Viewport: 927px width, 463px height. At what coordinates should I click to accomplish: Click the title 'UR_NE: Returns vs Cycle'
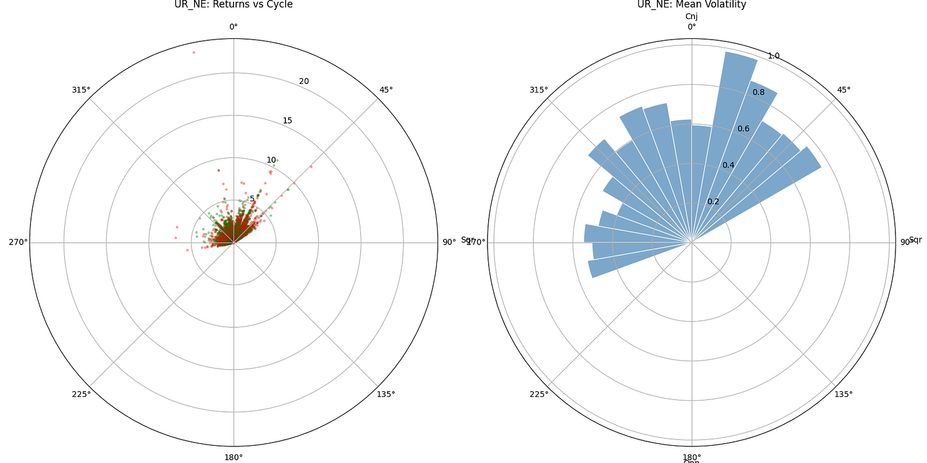[234, 5]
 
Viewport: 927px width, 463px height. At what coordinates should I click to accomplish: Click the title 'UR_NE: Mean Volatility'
[692, 5]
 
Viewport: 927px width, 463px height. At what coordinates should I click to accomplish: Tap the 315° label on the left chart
[81, 90]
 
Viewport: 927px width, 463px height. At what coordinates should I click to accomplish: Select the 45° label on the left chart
[386, 90]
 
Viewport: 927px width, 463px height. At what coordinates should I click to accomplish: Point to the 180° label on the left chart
[234, 457]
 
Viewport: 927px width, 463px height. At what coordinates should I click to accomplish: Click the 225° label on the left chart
[81, 394]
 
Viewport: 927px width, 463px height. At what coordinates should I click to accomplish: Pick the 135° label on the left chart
[386, 394]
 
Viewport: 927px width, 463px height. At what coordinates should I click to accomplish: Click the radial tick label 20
[304, 81]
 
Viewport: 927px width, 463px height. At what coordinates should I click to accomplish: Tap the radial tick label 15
[287, 120]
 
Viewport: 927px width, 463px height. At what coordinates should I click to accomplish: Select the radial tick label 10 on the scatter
[271, 160]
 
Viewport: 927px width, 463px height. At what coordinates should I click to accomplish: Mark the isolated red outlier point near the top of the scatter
[193, 52]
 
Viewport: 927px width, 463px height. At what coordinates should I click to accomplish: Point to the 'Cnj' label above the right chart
[692, 17]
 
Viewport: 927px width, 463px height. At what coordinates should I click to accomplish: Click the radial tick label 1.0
[774, 56]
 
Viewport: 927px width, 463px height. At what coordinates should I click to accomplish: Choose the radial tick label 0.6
[743, 128]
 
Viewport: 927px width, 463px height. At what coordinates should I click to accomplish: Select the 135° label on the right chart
[844, 394]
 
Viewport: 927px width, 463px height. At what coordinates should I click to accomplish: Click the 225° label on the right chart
[539, 394]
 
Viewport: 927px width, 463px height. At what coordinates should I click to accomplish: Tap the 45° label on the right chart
[844, 90]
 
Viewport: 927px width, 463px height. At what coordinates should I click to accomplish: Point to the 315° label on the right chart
[539, 90]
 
